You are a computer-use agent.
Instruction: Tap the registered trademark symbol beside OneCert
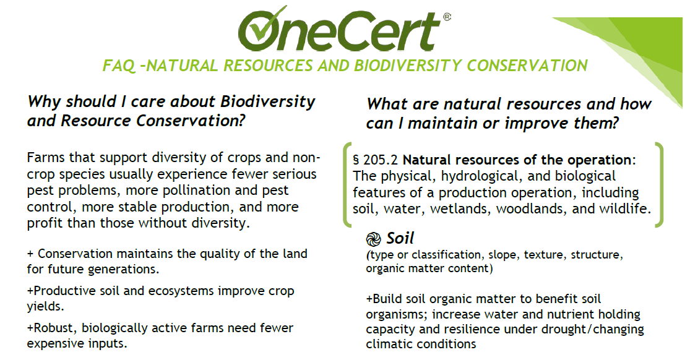(x=446, y=18)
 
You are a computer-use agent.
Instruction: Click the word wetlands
(x=463, y=208)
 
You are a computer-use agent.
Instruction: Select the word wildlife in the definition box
(x=625, y=208)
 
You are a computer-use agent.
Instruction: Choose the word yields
(x=43, y=306)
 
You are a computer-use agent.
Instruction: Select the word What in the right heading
(x=390, y=104)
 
